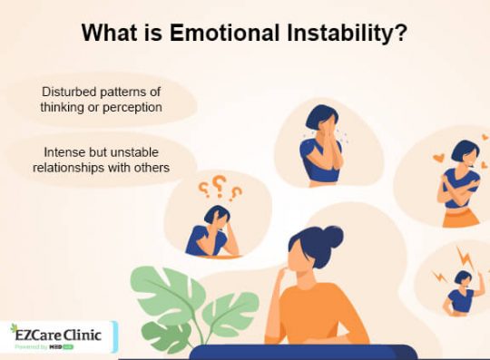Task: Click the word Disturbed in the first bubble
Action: [70, 92]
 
